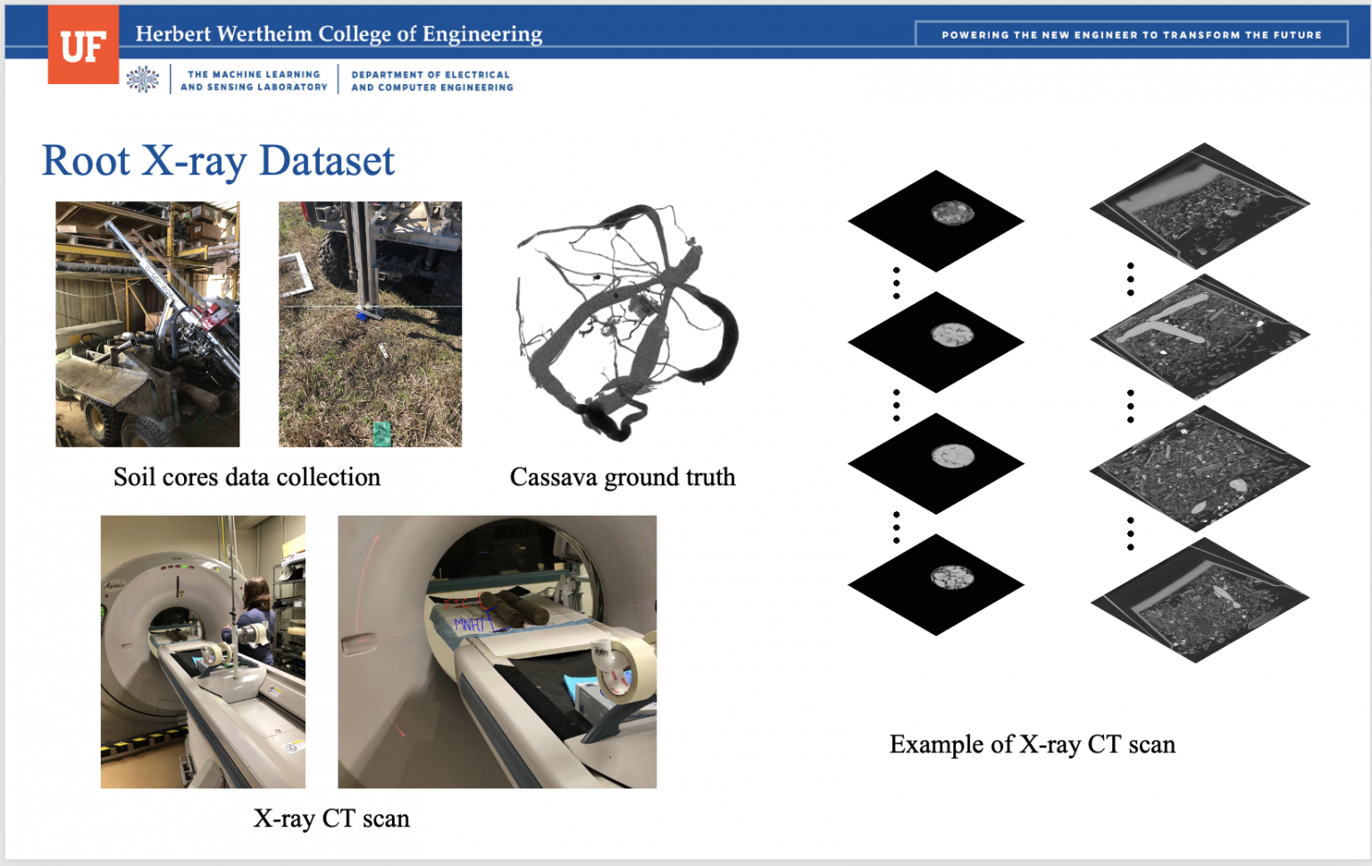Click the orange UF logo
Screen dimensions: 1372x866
pyautogui.click(x=83, y=46)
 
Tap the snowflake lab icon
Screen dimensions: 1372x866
pyautogui.click(x=142, y=80)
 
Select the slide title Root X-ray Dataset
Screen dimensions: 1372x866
pyautogui.click(x=218, y=161)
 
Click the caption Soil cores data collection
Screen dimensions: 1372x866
pyautogui.click(x=247, y=477)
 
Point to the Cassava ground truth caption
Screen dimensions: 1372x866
pyautogui.click(x=623, y=477)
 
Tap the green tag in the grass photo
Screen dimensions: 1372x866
pyautogui.click(x=381, y=433)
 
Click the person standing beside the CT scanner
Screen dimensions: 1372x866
pyautogui.click(x=256, y=617)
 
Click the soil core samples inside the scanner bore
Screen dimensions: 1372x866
pyautogui.click(x=518, y=608)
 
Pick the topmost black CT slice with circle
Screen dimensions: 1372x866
pyautogui.click(x=935, y=220)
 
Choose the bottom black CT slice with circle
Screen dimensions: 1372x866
pyautogui.click(x=935, y=584)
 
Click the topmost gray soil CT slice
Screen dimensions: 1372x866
pyautogui.click(x=1200, y=206)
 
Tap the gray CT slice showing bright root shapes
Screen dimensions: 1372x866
pyautogui.click(x=1200, y=336)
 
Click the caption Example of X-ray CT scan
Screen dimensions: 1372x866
pyautogui.click(x=1032, y=744)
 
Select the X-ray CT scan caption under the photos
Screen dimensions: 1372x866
pyautogui.click(x=331, y=819)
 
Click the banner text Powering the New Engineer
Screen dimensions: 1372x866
pyautogui.click(x=1131, y=35)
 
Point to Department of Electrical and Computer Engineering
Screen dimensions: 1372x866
pyautogui.click(x=432, y=81)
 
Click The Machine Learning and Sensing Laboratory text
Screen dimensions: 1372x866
pyautogui.click(x=254, y=81)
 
